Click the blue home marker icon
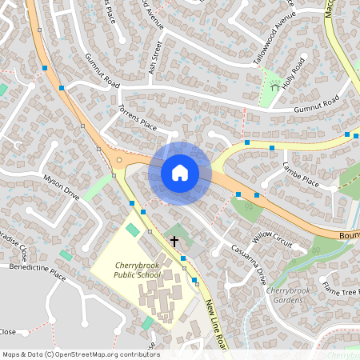[x=180, y=173]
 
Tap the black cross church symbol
[x=174, y=240]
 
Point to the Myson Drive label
[x=62, y=187]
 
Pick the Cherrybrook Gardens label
[x=286, y=294]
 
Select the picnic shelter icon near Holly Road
[x=276, y=86]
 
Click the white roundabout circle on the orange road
[x=119, y=160]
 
